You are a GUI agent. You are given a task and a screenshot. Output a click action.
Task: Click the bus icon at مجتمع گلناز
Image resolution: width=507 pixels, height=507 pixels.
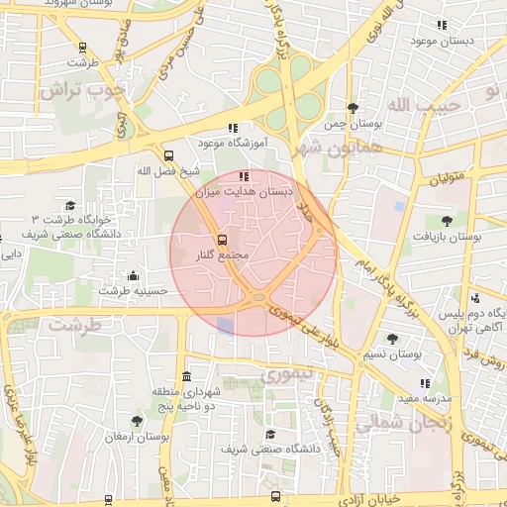pyautogui.click(x=221, y=240)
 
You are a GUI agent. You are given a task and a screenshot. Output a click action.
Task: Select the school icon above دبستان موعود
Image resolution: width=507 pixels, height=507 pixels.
pyautogui.click(x=442, y=25)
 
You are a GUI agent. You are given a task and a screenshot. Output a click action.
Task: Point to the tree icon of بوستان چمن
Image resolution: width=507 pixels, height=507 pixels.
pyautogui.click(x=353, y=108)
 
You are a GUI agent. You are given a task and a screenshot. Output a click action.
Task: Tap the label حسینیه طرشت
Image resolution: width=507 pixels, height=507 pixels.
pyautogui.click(x=128, y=291)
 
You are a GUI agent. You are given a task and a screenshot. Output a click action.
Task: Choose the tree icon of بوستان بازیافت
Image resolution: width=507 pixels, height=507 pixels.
pyautogui.click(x=447, y=221)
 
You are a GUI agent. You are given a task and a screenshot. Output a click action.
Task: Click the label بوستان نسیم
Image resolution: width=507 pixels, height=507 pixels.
pyautogui.click(x=420, y=354)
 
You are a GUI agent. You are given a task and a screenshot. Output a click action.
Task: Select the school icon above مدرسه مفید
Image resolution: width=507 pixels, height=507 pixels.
pyautogui.click(x=425, y=383)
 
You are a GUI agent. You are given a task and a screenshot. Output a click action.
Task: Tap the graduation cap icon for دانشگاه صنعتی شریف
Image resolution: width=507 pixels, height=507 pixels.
pyautogui.click(x=269, y=435)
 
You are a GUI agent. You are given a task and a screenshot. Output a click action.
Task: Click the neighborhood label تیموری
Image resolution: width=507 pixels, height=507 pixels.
pyautogui.click(x=286, y=374)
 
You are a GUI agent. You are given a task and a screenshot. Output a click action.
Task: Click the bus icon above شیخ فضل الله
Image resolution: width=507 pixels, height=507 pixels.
pyautogui.click(x=168, y=155)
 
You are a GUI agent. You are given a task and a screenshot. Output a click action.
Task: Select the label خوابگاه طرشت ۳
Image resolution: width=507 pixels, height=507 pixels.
pyautogui.click(x=69, y=218)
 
